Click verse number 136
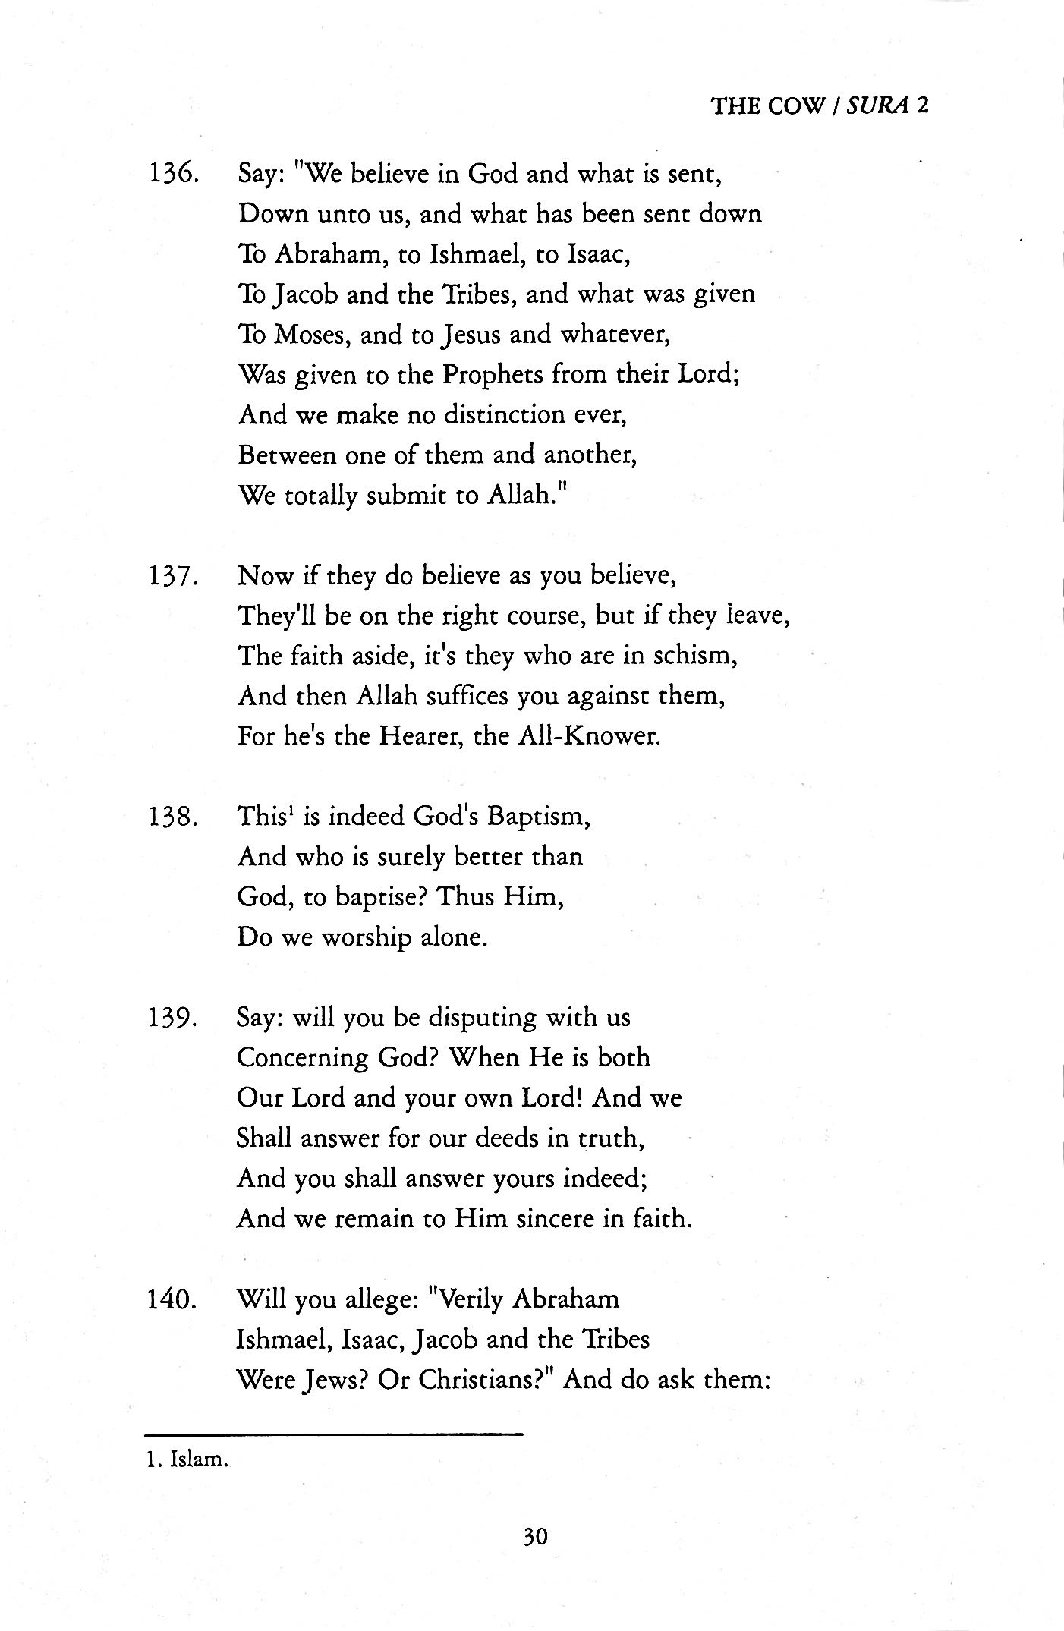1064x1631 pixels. pyautogui.click(x=174, y=175)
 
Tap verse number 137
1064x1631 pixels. pyautogui.click(x=174, y=577)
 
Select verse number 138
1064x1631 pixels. pyautogui.click(x=174, y=818)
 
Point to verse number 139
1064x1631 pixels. pyautogui.click(x=174, y=1019)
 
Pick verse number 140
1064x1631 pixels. pyautogui.click(x=174, y=1299)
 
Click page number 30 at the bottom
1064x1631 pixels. pyautogui.click(x=534, y=1537)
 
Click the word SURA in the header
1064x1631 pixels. pyautogui.click(x=879, y=105)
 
